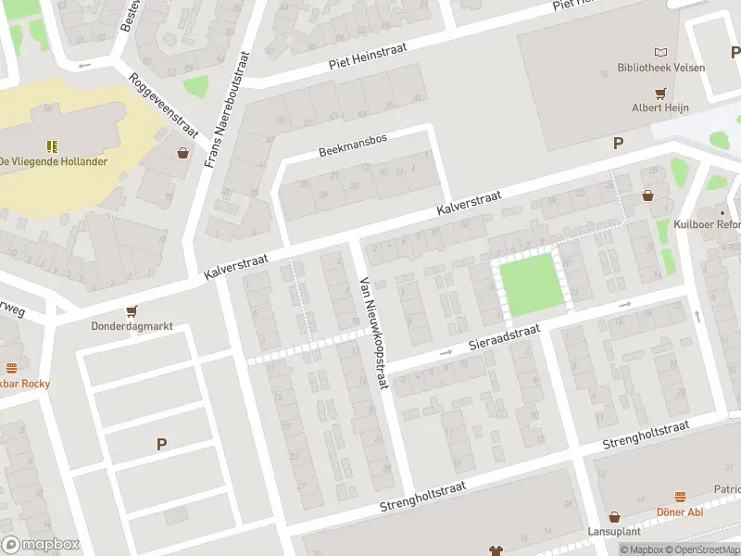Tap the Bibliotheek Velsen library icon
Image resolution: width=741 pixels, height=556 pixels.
(660, 53)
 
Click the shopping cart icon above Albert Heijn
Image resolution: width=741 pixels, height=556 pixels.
(660, 94)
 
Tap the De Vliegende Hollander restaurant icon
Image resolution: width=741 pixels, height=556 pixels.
(53, 145)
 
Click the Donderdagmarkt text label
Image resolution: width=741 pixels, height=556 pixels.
(132, 327)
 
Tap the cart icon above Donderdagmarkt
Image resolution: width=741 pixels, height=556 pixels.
(132, 311)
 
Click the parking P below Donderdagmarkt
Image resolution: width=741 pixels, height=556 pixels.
(161, 445)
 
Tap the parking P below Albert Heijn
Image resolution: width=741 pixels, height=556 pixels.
(618, 143)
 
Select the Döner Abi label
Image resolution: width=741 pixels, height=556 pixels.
(680, 512)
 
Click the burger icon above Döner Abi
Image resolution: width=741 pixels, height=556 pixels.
(680, 497)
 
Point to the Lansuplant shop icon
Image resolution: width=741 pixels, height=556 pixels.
(613, 517)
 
